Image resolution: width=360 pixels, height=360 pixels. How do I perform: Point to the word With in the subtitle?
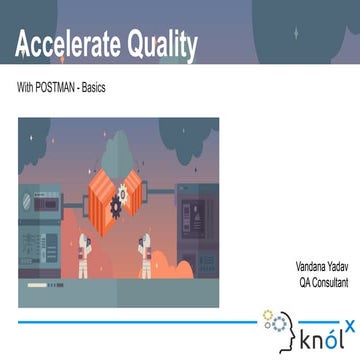click(25, 88)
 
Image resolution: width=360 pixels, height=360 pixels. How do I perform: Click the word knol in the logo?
click(318, 339)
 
